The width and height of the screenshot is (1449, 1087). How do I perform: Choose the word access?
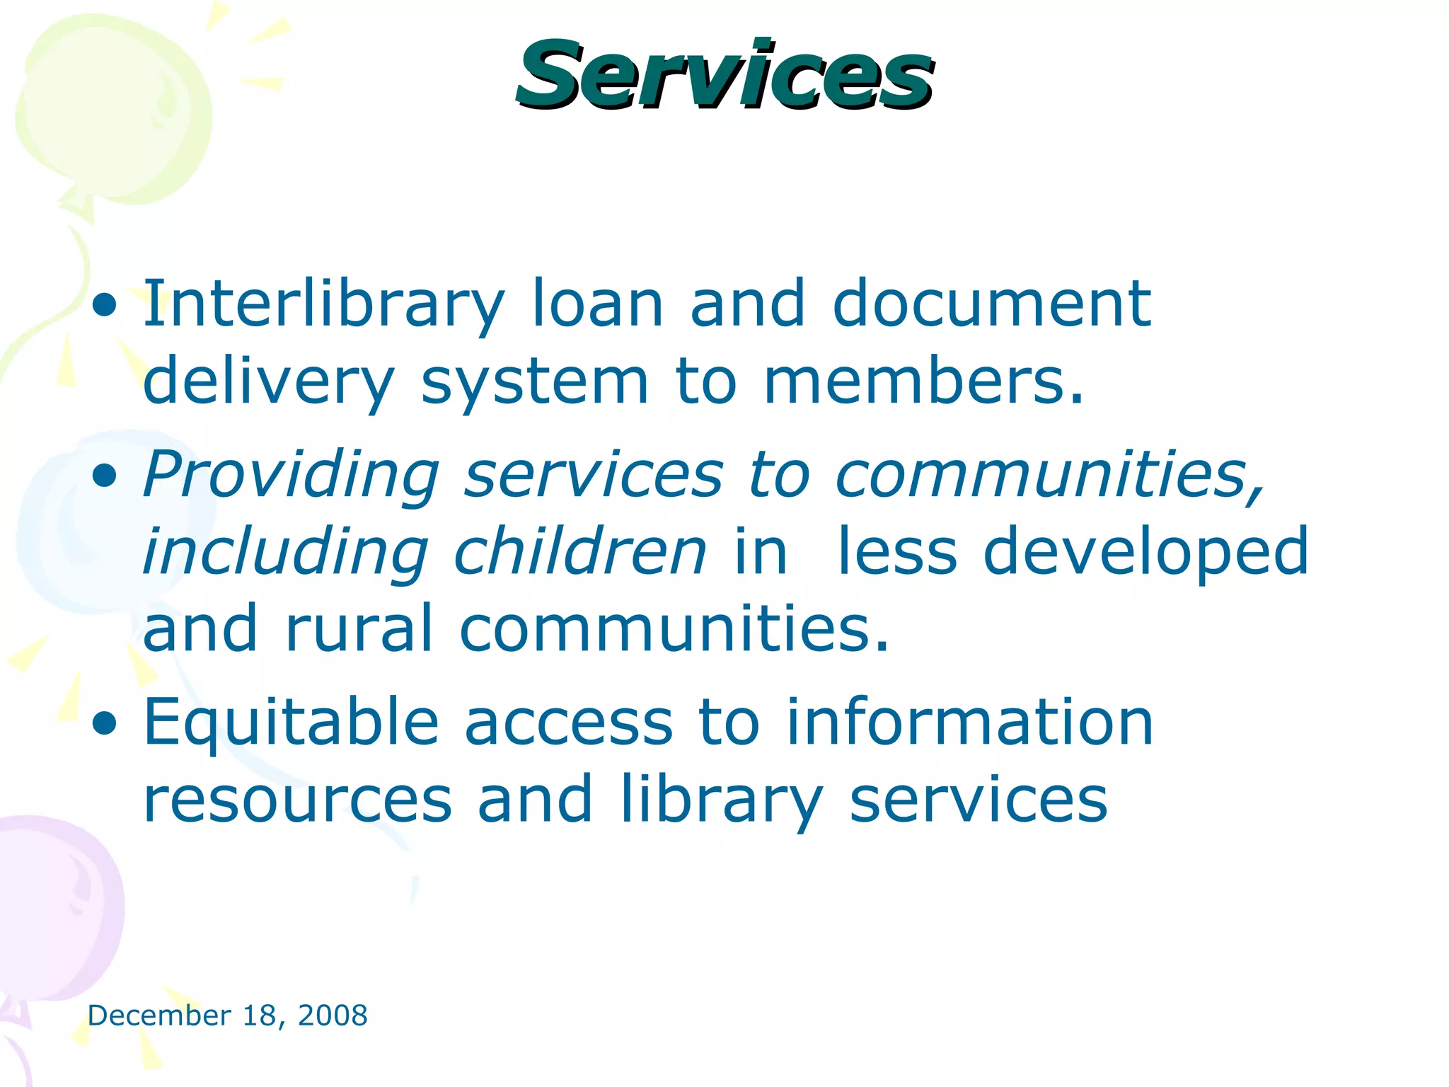[569, 723]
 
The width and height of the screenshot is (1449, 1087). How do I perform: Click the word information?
[970, 723]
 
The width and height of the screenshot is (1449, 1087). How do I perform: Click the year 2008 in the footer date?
[333, 1016]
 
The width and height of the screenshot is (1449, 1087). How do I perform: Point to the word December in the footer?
[159, 1016]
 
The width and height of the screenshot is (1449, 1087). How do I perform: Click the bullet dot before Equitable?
[105, 723]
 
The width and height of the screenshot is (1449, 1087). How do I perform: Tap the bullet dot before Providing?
[105, 477]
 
